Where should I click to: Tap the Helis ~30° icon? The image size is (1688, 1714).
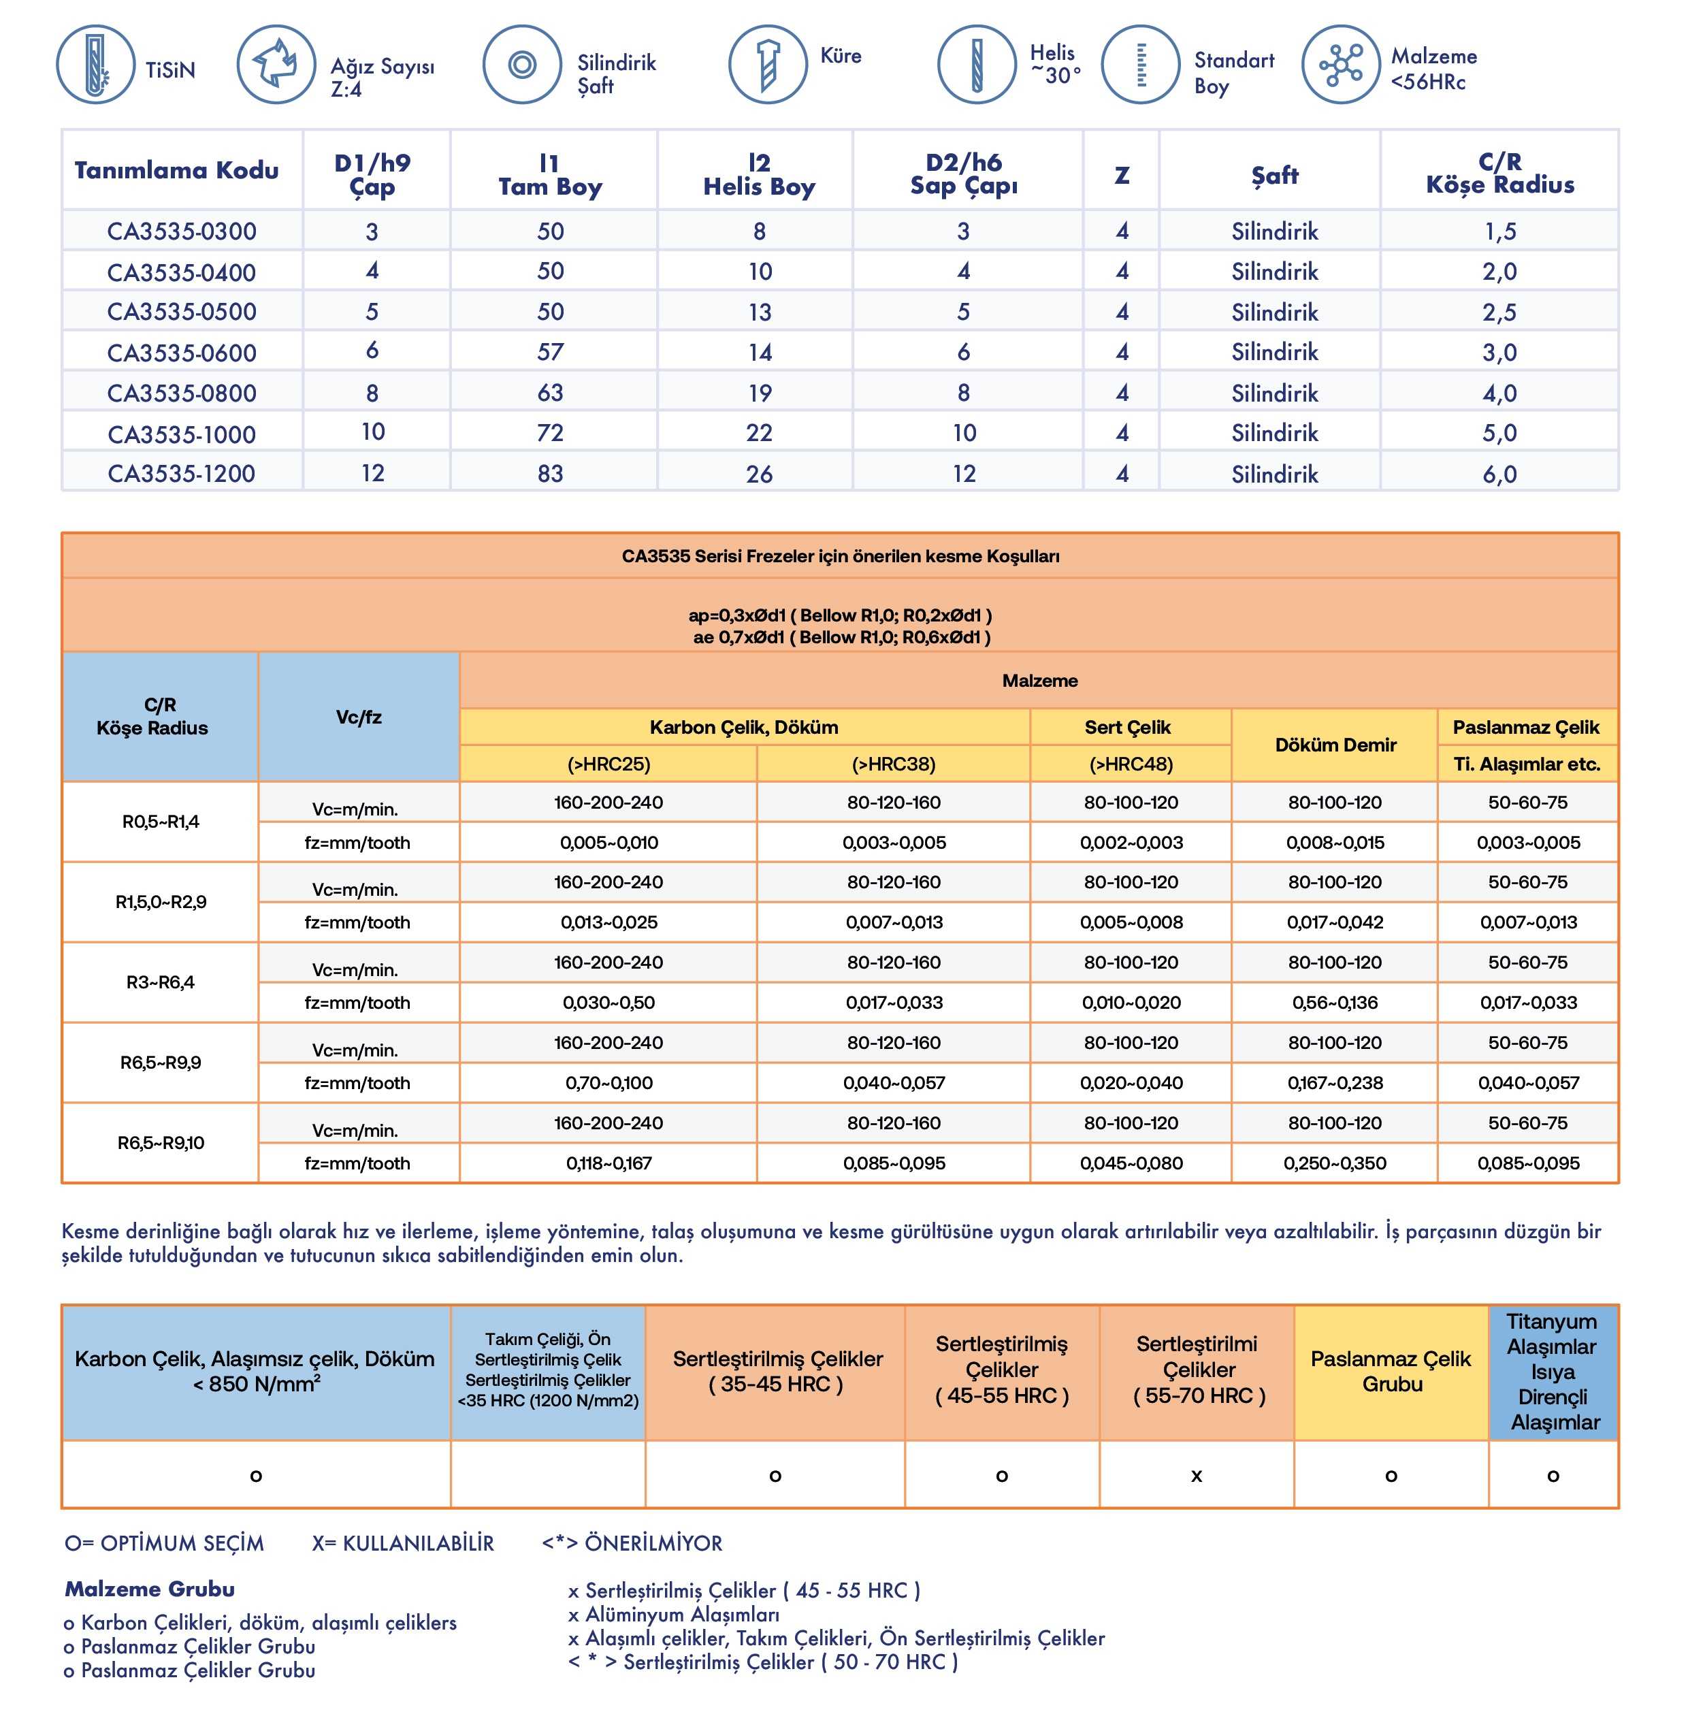tap(976, 65)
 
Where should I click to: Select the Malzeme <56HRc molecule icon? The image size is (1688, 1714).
tap(1340, 65)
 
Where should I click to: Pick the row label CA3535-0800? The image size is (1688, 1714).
tap(182, 393)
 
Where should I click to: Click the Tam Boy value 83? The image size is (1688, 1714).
tap(550, 474)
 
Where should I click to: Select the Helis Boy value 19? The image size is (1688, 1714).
tap(759, 393)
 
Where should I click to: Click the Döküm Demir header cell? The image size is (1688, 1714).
tap(1335, 745)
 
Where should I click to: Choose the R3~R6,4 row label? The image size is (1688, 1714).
tap(161, 982)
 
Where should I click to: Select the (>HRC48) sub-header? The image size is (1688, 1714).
tap(1131, 764)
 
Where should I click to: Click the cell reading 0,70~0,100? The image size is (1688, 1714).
tap(608, 1083)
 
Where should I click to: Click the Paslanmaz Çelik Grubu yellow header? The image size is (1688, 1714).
tap(1391, 1371)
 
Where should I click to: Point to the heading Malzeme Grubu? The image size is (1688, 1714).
tap(150, 1588)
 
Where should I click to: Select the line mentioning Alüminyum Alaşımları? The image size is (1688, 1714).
tap(674, 1614)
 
